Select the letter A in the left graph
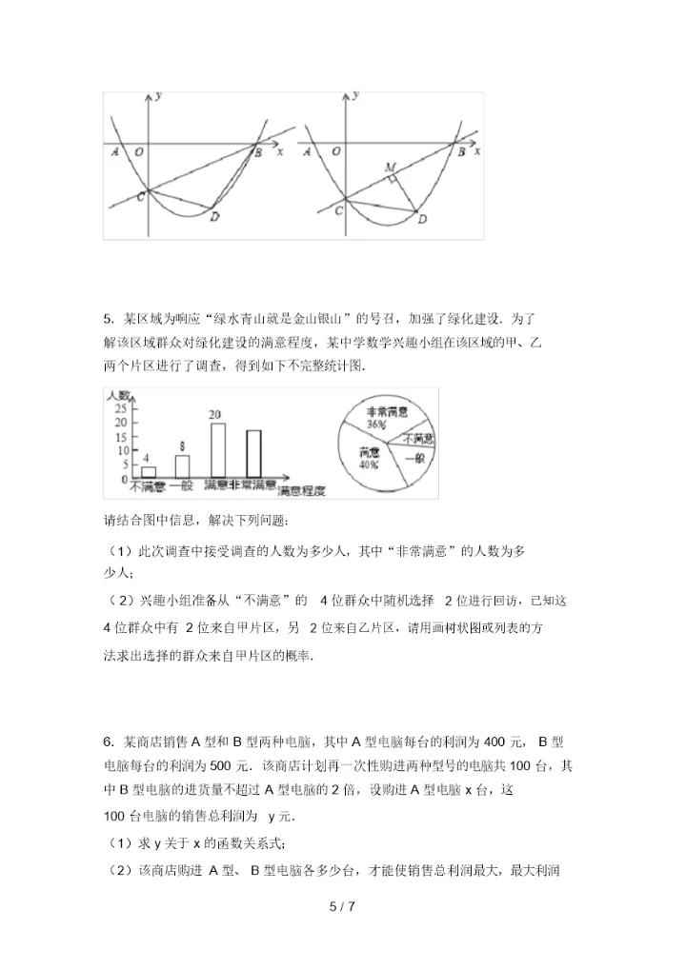coord(115,151)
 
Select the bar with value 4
coord(149,471)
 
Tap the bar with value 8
coord(182,465)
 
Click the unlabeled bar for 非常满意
coord(253,453)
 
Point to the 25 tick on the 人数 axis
coord(121,407)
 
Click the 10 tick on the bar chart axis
coord(121,450)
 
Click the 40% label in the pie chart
coord(369,465)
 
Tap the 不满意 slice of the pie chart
coord(416,439)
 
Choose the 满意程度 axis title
coord(301,491)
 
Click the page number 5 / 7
coord(342,906)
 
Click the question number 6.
coord(108,742)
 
